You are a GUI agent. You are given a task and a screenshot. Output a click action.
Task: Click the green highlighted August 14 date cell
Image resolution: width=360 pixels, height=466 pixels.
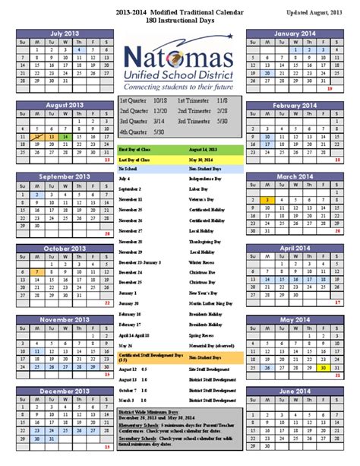66,138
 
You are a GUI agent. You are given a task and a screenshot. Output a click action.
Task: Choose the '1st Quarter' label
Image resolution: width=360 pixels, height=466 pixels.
133,100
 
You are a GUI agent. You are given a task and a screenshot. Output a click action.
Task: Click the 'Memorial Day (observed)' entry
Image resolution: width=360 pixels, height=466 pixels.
208,324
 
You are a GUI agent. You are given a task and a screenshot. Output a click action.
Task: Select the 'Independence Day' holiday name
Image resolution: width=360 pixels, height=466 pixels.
204,178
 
